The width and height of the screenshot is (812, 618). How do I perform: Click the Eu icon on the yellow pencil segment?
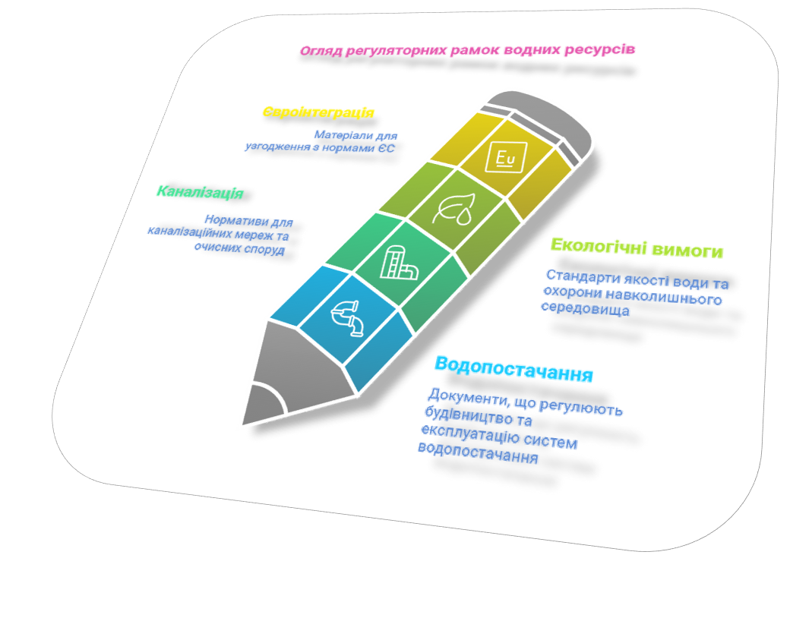pyautogui.click(x=505, y=157)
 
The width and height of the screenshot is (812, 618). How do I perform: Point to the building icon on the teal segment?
pyautogui.click(x=398, y=264)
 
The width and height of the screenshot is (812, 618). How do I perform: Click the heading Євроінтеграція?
pyautogui.click(x=318, y=112)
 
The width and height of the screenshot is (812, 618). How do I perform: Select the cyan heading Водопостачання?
pyautogui.click(x=514, y=370)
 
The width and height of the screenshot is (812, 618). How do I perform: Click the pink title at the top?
pyautogui.click(x=467, y=50)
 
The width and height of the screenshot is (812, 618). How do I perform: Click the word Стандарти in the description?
pyautogui.click(x=577, y=277)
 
